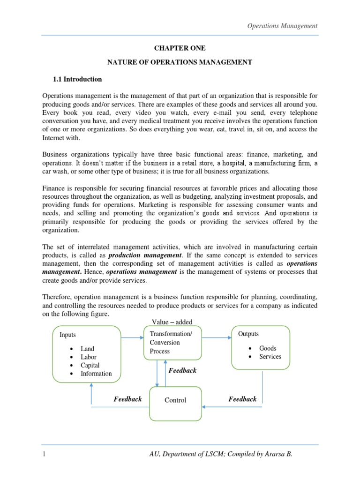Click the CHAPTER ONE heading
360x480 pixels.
(x=180, y=48)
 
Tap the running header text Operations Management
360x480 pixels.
(x=282, y=26)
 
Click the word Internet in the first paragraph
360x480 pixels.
(x=54, y=138)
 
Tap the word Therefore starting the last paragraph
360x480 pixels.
(x=59, y=297)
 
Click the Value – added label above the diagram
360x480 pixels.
(x=172, y=321)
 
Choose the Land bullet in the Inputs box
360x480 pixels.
(x=87, y=349)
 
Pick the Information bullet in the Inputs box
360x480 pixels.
(x=96, y=374)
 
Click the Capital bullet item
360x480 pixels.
(x=90, y=365)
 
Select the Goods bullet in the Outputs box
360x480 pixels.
(x=268, y=348)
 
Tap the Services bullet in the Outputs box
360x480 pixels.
(x=270, y=357)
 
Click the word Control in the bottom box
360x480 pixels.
(x=175, y=400)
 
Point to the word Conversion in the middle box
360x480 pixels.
(x=165, y=342)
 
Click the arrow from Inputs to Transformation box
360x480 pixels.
(x=132, y=337)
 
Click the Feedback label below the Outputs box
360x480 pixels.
(x=242, y=399)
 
